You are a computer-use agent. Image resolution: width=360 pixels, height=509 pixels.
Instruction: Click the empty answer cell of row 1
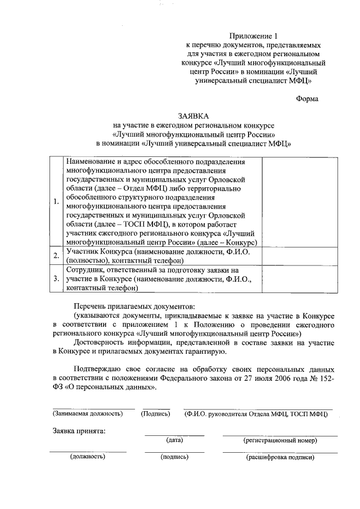click(x=300, y=201)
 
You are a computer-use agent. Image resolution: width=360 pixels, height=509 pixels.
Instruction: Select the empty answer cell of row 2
click(x=300, y=256)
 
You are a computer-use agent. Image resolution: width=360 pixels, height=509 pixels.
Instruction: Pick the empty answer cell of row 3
click(x=300, y=278)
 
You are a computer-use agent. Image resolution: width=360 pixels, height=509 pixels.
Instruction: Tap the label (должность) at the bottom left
click(x=88, y=457)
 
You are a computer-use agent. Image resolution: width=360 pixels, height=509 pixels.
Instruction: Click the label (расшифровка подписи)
click(x=280, y=457)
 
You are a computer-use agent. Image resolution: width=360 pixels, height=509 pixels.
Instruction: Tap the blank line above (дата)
click(x=174, y=435)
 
